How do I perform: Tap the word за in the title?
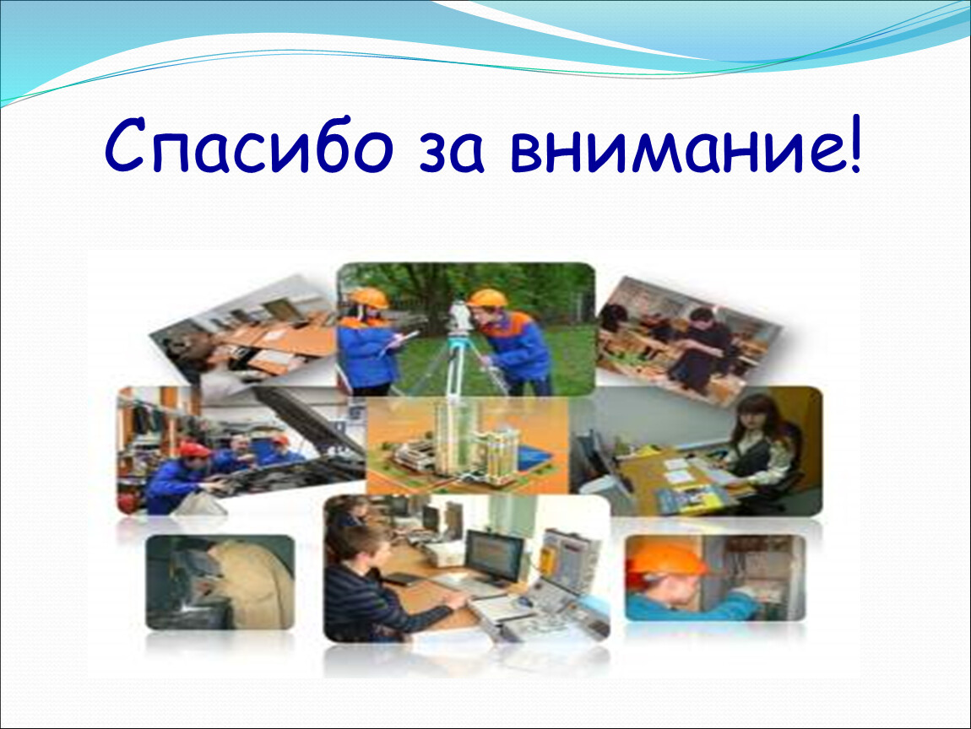coord(451,153)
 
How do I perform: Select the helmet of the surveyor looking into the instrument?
coord(487,299)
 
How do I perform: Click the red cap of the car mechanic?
coord(194,450)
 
